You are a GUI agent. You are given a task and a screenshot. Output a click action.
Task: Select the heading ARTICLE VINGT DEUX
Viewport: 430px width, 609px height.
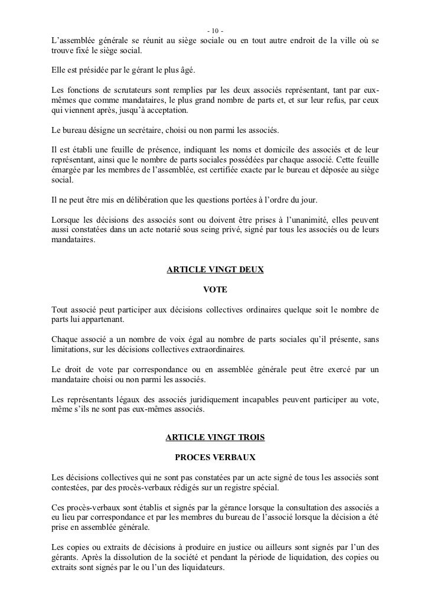pos(215,269)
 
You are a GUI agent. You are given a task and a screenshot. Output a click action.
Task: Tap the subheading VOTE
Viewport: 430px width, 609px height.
pos(215,290)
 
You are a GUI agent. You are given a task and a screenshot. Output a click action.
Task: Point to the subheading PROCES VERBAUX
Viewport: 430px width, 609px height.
pos(215,458)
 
